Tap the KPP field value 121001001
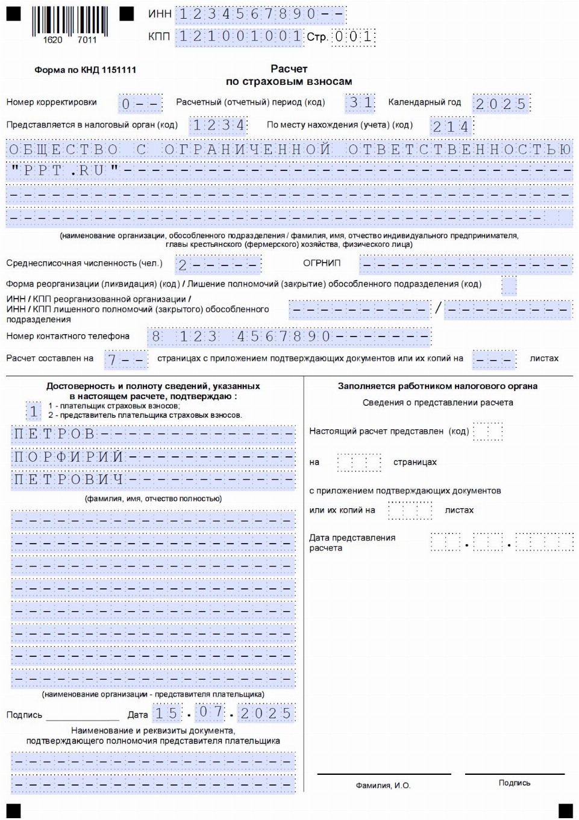(239, 37)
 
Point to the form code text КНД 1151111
(85, 70)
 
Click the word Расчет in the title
(289, 69)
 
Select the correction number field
(140, 104)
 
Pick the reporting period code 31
(360, 103)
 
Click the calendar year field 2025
(501, 104)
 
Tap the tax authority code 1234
(219, 125)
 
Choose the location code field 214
(451, 126)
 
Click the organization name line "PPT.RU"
(289, 171)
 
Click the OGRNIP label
(322, 263)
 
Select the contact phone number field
(290, 337)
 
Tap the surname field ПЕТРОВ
(153, 434)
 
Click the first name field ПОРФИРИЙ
(153, 457)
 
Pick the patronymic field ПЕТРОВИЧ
(153, 480)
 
